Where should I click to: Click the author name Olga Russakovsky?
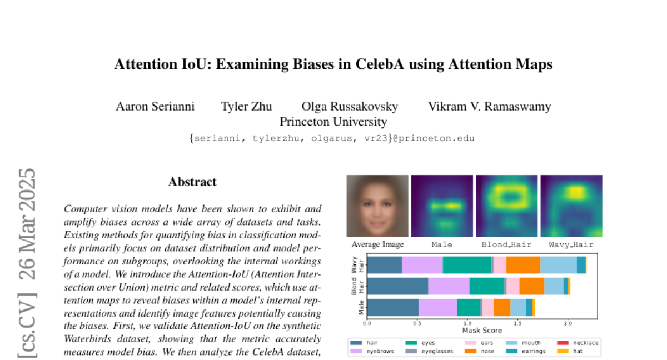tap(350, 107)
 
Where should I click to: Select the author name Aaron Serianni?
tap(155, 107)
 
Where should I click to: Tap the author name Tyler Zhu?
tap(246, 107)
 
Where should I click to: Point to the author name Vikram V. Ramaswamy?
tap(489, 107)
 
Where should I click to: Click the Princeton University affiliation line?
tap(333, 121)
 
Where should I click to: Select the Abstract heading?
tap(192, 182)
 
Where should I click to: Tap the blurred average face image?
tap(377, 206)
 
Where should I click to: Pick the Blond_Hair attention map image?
tap(506, 206)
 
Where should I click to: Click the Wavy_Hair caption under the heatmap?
tap(571, 244)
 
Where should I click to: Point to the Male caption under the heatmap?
tap(442, 244)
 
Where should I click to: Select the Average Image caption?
tap(378, 244)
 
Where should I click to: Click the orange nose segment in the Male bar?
tap(502, 307)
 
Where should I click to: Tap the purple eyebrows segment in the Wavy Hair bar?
tap(422, 265)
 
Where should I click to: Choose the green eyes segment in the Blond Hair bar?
tap(486, 286)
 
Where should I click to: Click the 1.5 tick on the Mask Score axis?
tap(517, 323)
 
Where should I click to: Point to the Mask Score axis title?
tap(482, 330)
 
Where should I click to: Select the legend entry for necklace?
tap(583, 343)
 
